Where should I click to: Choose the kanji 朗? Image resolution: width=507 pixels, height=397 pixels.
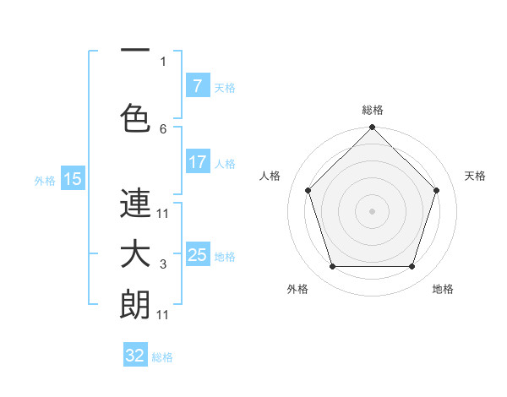[135, 304]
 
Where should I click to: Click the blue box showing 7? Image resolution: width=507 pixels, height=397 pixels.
[197, 86]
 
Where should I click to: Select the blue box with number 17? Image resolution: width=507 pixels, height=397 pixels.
[197, 162]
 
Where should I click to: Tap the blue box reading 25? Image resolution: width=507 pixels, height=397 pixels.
[197, 255]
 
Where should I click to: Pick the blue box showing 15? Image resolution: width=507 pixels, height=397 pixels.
[72, 179]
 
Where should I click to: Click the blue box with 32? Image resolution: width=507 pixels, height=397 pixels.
[135, 356]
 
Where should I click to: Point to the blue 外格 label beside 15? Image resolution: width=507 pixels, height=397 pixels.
[45, 180]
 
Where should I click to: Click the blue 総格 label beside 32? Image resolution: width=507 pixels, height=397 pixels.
[162, 357]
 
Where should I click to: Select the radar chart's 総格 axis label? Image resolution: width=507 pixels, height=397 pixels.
[372, 110]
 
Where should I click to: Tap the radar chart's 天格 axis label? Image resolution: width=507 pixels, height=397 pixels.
[475, 176]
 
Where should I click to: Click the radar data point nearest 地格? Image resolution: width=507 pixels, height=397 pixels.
[412, 267]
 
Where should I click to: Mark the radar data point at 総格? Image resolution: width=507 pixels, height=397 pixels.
[372, 128]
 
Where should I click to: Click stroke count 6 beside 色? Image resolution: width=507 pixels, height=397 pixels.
[163, 128]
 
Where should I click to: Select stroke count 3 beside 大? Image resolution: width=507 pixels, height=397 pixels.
[163, 265]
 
